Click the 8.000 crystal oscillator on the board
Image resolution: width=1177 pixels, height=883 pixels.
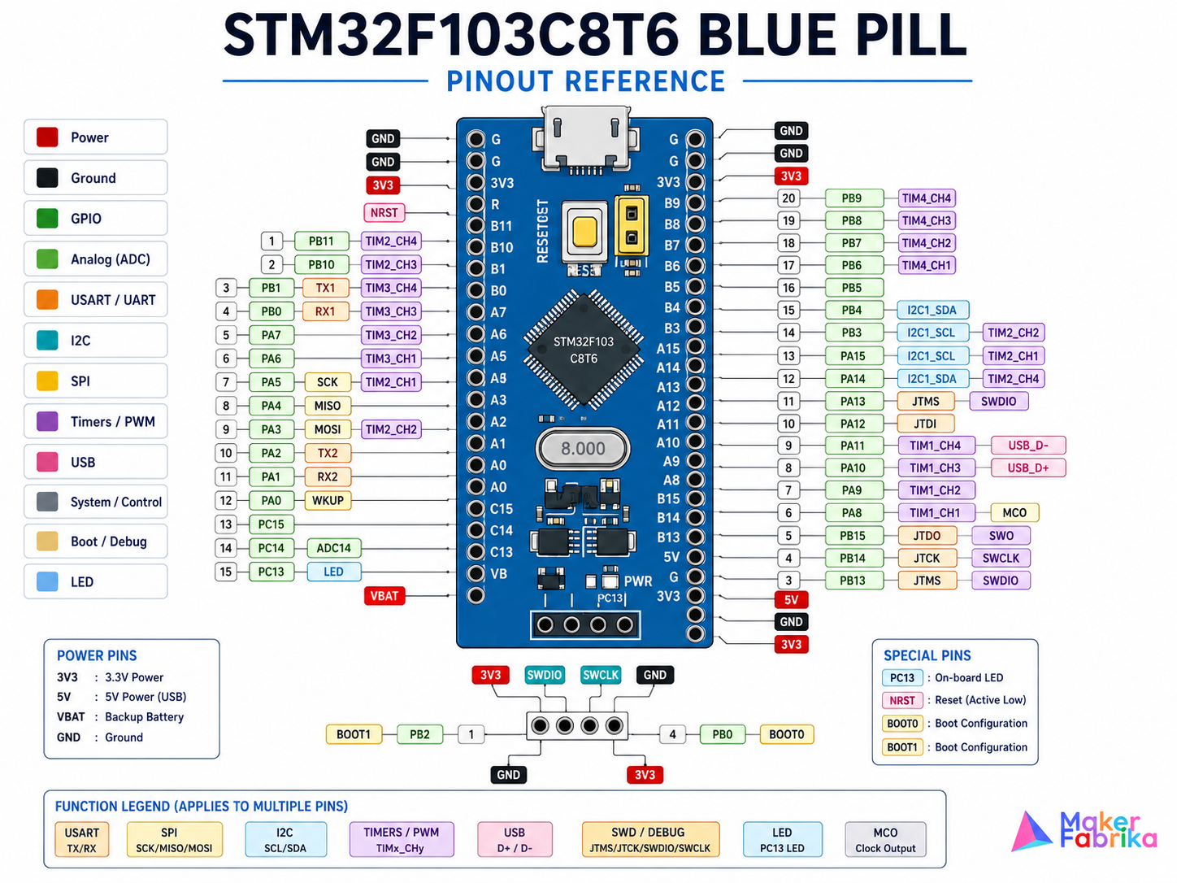(583, 448)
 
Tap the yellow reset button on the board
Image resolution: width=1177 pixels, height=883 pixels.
(584, 232)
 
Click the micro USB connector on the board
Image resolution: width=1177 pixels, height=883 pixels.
(585, 139)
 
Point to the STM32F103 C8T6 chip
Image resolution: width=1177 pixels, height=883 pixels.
(584, 350)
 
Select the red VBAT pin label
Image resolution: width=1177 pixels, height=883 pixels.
(384, 596)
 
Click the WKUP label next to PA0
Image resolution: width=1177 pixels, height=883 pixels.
(328, 500)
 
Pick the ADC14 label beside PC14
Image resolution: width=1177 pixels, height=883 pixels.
(333, 548)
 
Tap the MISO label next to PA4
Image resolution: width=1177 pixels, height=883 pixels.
(327, 406)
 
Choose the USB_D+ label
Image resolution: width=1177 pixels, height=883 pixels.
(1028, 468)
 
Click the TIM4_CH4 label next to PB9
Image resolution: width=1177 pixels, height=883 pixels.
(926, 198)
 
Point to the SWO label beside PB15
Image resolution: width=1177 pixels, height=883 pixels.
(1001, 536)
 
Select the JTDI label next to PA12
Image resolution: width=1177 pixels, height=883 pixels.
(925, 424)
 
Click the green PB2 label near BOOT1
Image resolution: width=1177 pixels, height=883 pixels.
(420, 734)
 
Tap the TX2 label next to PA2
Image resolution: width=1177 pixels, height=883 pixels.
(327, 453)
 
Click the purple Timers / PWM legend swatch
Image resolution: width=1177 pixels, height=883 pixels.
(47, 421)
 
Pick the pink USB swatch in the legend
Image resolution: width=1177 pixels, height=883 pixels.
(47, 462)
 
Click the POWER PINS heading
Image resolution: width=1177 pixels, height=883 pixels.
(97, 655)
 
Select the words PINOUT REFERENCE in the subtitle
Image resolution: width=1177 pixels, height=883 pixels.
(585, 81)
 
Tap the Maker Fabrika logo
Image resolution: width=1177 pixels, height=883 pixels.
(1084, 831)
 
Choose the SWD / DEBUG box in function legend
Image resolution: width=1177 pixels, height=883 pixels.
(650, 840)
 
